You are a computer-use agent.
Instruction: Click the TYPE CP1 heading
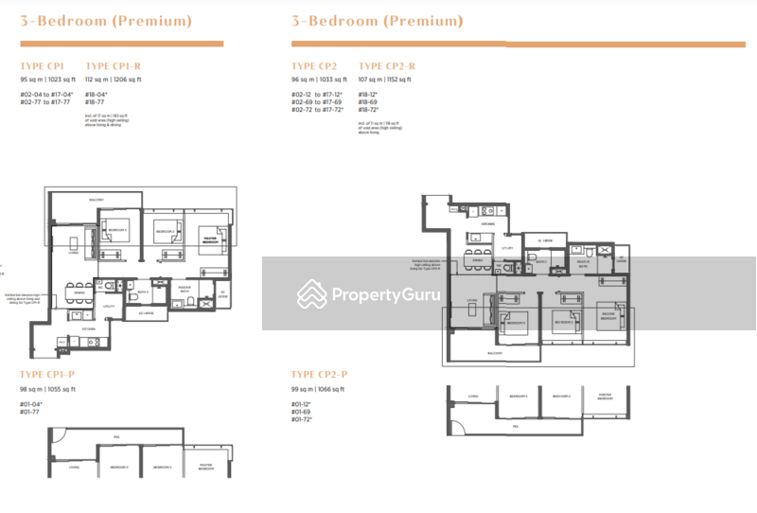(x=43, y=65)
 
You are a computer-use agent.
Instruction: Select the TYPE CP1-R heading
(x=114, y=65)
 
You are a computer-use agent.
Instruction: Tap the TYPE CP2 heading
(x=314, y=65)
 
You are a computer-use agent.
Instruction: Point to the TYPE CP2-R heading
(x=387, y=65)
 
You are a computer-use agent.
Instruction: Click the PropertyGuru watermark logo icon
(x=312, y=294)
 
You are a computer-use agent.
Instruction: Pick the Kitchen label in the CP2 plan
(x=487, y=224)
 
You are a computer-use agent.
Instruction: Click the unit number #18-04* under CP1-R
(x=96, y=95)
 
